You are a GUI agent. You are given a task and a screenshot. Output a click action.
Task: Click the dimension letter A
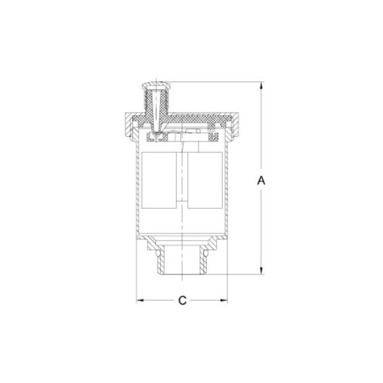tap(261, 180)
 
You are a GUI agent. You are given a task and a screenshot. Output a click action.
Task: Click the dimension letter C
tap(182, 301)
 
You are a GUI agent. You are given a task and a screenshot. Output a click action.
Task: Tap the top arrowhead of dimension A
tap(261, 86)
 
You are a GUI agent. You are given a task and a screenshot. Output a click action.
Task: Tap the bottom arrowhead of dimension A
tap(261, 270)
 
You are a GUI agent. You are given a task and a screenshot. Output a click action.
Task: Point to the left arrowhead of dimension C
tap(140, 300)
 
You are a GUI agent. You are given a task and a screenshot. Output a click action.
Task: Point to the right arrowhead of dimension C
tap(223, 300)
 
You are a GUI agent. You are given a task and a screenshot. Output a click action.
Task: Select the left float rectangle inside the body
tap(159, 180)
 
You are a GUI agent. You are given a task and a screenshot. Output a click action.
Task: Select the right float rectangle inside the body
tap(205, 180)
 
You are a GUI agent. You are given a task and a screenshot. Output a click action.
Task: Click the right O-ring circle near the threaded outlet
tap(206, 253)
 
